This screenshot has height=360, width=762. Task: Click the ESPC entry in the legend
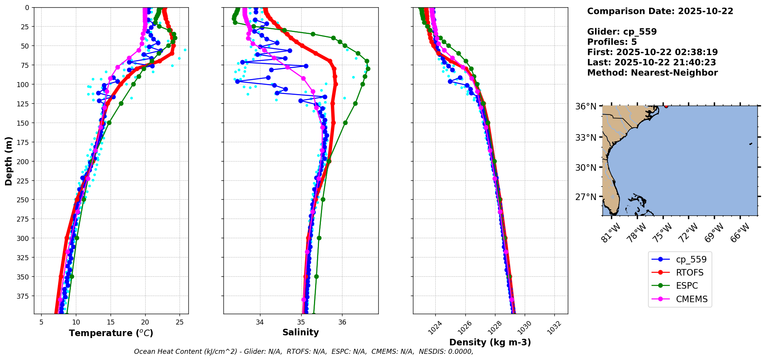coord(687,286)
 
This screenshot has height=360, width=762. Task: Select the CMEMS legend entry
coord(692,299)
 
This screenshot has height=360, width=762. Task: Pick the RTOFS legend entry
coord(690,273)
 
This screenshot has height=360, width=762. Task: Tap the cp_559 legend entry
coord(691,259)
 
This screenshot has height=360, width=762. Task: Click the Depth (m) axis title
coord(8,161)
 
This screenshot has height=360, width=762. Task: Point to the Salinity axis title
coord(300,332)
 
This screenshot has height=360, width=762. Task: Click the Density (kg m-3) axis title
coord(490,342)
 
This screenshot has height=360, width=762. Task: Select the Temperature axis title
coord(111,333)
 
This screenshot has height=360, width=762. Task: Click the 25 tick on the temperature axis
coord(180,322)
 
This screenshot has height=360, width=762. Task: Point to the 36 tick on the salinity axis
coord(342,322)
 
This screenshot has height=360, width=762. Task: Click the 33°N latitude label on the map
coord(586,138)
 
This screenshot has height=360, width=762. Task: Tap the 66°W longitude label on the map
coord(740,232)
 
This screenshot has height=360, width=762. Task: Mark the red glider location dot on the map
coord(666,106)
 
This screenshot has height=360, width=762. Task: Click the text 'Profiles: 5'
coord(612,42)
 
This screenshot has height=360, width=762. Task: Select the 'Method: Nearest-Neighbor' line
coord(652,73)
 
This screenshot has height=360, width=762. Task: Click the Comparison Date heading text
coord(660,11)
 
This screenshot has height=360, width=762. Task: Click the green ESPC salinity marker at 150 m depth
coord(345,123)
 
